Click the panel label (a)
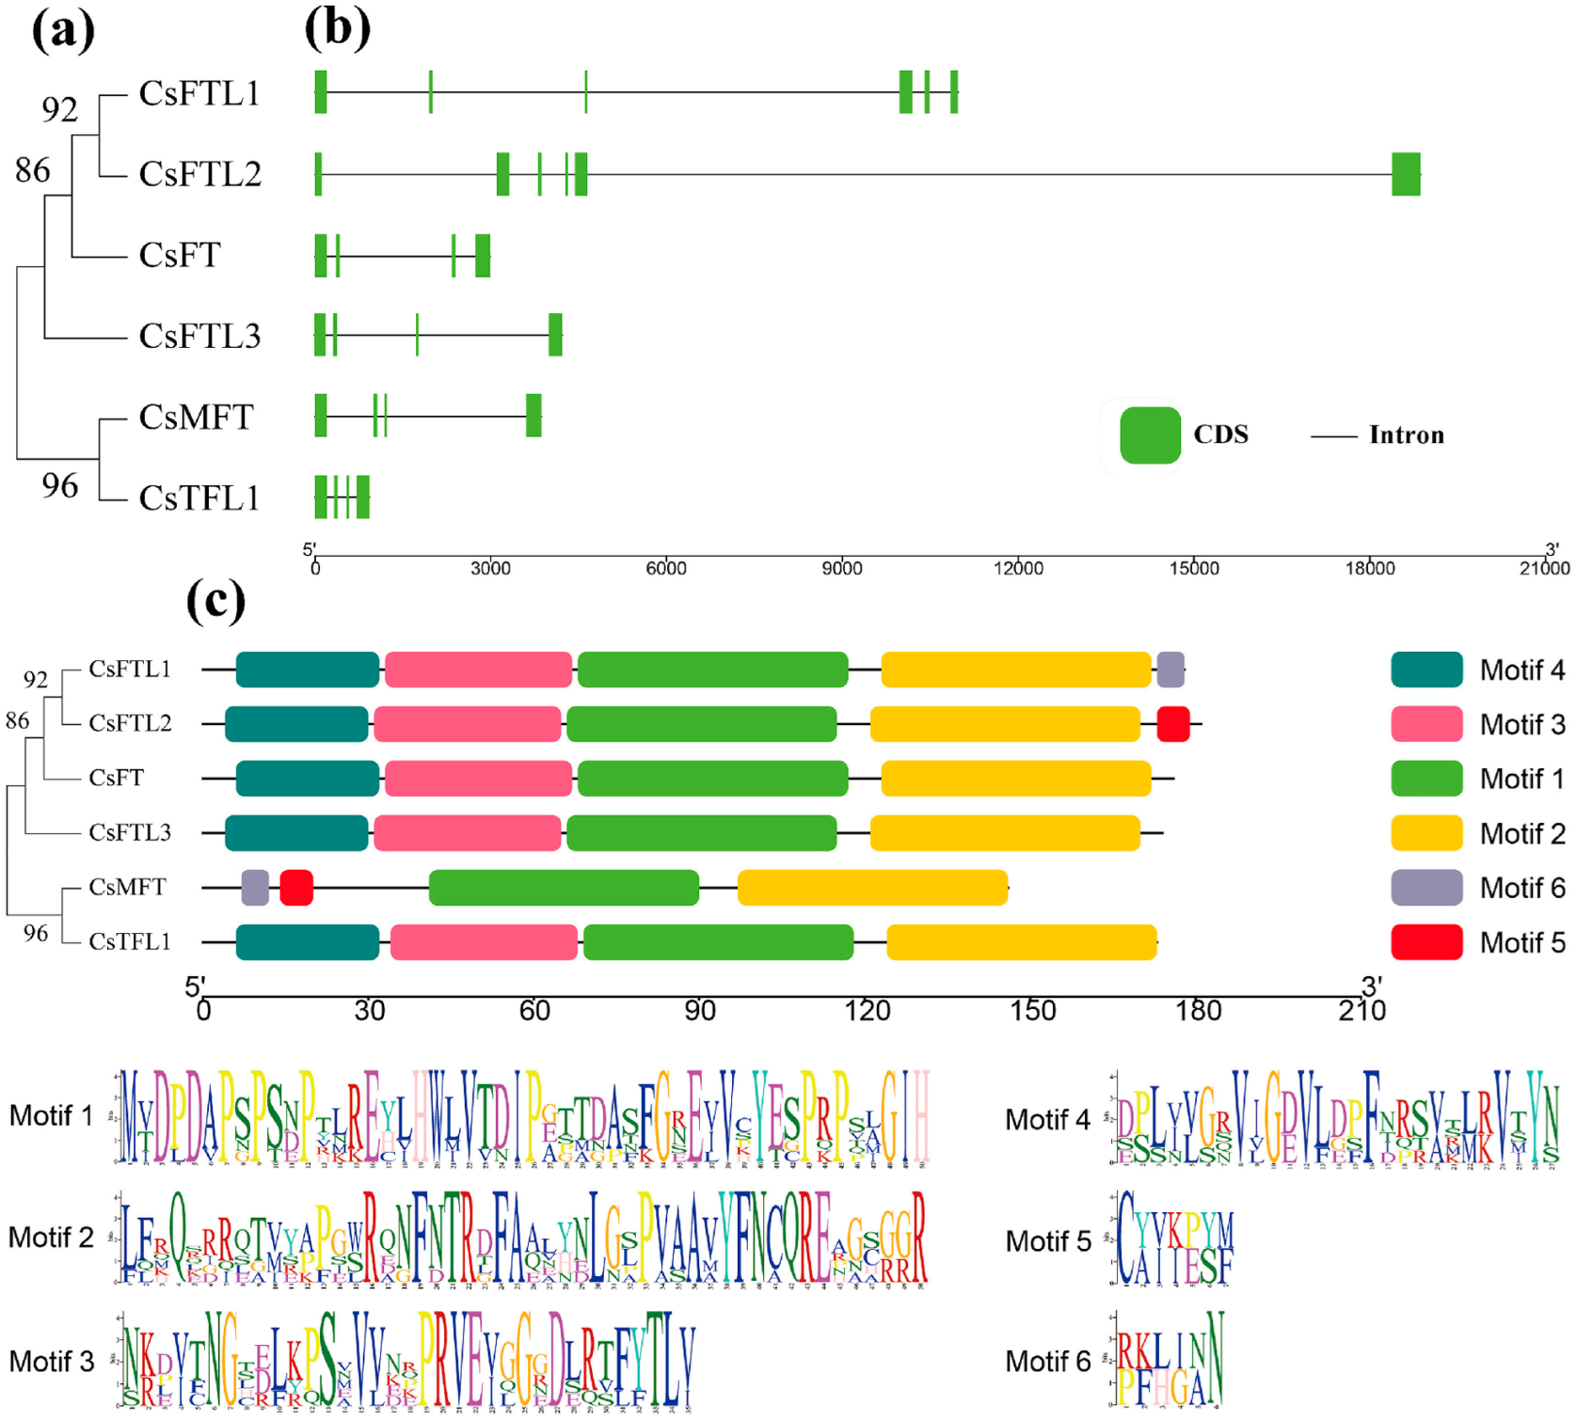[63, 30]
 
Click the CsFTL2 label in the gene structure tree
[199, 174]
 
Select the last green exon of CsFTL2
[1406, 174]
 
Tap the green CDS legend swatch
[1150, 435]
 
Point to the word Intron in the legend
[1406, 435]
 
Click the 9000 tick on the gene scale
[842, 567]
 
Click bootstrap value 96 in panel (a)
[59, 485]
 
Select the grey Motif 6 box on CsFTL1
[1170, 670]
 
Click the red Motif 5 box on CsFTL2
[1173, 724]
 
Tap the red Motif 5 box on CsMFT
[296, 888]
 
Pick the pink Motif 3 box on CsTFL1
[484, 942]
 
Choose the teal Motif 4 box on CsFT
[308, 779]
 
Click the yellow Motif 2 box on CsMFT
[872, 888]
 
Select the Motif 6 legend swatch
[1426, 888]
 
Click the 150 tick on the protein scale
[1032, 1011]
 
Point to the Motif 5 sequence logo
[1174, 1239]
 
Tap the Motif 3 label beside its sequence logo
[52, 1361]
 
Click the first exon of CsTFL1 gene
[321, 497]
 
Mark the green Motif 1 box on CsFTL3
[702, 833]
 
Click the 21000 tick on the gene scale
[1544, 567]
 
